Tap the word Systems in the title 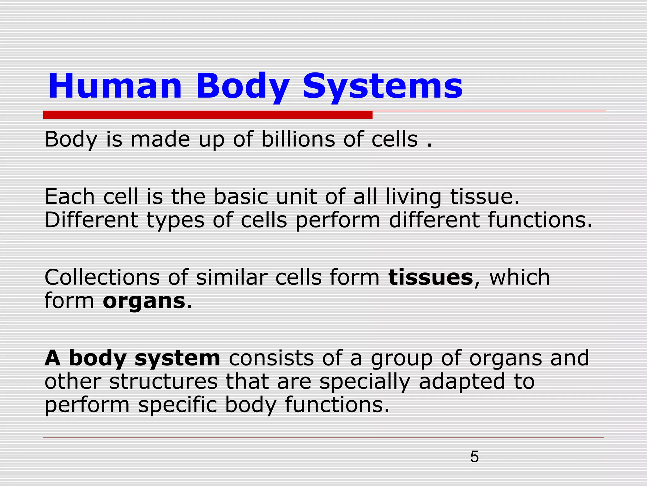[383, 86]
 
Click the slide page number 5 [474, 457]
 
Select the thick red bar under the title [208, 115]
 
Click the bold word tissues [431, 277]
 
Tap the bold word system [177, 358]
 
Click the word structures [163, 382]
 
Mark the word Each [70, 197]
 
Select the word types [176, 221]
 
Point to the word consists [271, 358]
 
